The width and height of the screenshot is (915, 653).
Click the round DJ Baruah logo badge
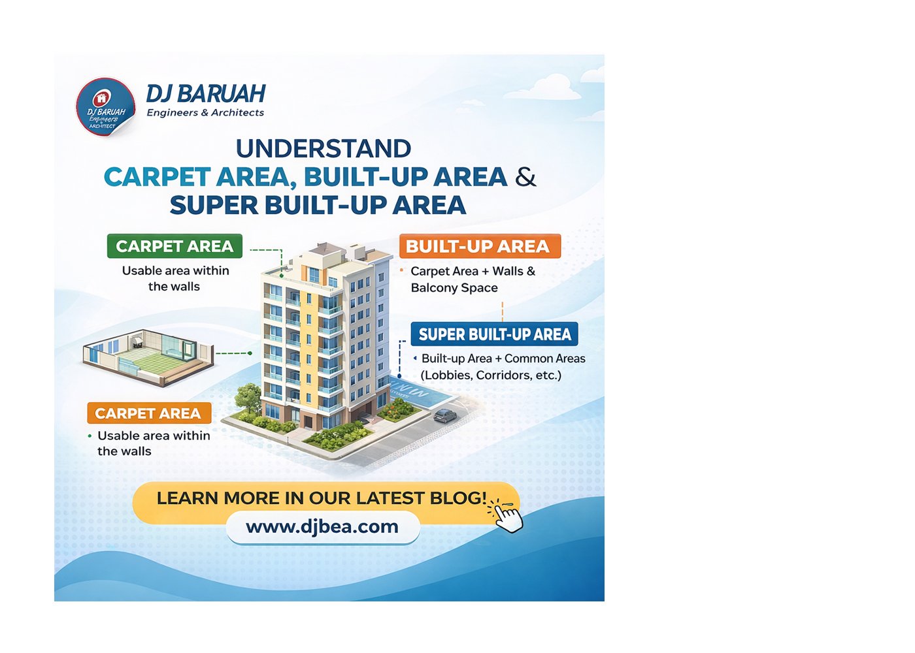[105, 107]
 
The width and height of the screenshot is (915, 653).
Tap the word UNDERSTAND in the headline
[324, 149]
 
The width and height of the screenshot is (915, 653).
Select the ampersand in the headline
[525, 177]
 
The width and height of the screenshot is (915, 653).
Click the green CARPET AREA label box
[175, 246]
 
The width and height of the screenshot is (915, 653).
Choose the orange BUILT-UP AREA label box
[480, 246]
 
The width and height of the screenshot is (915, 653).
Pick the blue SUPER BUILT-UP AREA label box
[494, 334]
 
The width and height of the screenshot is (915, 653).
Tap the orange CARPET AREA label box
[149, 413]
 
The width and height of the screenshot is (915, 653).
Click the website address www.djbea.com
[322, 526]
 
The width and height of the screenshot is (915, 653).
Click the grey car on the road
[445, 415]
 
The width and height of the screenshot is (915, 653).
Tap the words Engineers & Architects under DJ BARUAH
[205, 112]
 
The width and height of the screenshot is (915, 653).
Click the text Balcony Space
[454, 288]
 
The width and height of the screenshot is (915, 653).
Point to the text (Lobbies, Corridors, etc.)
[491, 375]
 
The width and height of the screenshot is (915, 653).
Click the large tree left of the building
[248, 396]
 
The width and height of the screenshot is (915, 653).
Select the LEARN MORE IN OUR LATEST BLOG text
[322, 498]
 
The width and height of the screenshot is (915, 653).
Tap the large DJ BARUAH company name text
[206, 93]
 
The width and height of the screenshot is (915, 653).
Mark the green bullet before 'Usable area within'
[90, 436]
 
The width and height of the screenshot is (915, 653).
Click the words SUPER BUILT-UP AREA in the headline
[318, 205]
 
